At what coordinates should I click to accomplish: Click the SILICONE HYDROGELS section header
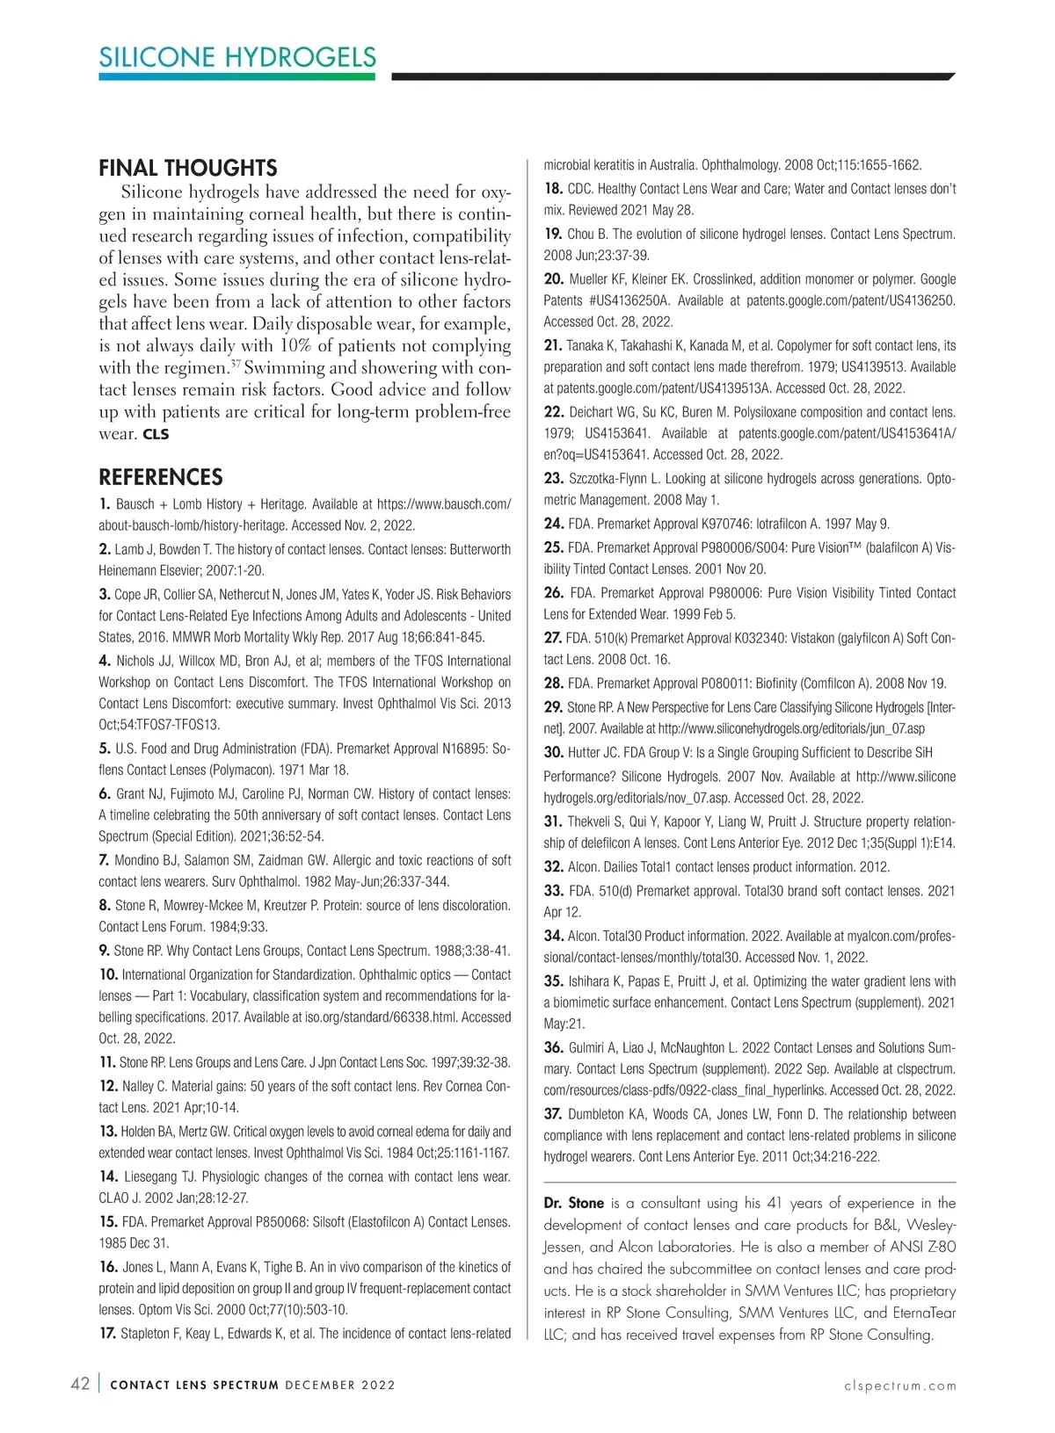click(237, 58)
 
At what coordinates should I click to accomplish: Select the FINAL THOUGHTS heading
click(187, 168)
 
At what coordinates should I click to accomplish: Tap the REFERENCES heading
click(160, 477)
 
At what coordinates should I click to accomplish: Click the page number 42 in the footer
click(80, 1385)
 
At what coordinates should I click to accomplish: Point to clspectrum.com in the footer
click(899, 1386)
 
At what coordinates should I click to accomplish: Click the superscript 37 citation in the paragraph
click(236, 363)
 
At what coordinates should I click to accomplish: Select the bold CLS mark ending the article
click(156, 434)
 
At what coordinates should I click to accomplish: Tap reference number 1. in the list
click(105, 504)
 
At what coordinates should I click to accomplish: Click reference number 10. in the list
click(108, 974)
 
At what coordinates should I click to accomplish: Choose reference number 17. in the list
click(108, 1333)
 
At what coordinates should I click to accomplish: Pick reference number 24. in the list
click(553, 524)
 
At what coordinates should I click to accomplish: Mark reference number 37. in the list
click(553, 1114)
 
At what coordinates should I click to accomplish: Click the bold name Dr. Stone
click(573, 1203)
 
